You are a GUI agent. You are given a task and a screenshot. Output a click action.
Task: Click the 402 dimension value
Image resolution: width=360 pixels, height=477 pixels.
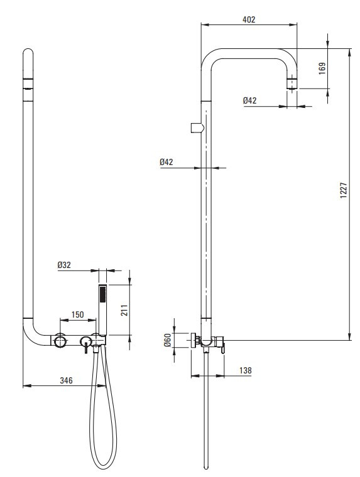pyautogui.click(x=249, y=19)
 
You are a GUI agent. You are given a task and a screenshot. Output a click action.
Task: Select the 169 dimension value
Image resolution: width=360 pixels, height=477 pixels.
pyautogui.click(x=322, y=68)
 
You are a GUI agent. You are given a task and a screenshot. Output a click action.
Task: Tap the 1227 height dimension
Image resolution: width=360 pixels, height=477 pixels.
pyautogui.click(x=344, y=190)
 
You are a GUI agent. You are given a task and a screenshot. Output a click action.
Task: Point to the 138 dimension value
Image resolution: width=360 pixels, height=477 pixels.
pyautogui.click(x=246, y=370)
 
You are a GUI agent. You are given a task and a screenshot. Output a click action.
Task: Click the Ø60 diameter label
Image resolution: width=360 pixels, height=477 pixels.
pyautogui.click(x=168, y=340)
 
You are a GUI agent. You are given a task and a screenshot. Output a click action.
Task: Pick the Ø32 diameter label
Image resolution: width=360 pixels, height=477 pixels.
pyautogui.click(x=64, y=265)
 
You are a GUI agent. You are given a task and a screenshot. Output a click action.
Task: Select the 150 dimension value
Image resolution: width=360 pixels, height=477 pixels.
pyautogui.click(x=78, y=314)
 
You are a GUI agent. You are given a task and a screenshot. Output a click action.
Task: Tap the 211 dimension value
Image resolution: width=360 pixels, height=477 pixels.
pyautogui.click(x=124, y=310)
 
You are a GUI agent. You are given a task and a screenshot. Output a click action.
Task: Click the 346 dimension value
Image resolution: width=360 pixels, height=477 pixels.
pyautogui.click(x=66, y=380)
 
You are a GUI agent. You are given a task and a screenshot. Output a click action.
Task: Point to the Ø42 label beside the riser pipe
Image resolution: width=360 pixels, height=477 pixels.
pyautogui.click(x=166, y=162)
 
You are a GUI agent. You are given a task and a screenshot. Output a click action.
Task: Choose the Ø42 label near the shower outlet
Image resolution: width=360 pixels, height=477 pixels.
pyautogui.click(x=250, y=100)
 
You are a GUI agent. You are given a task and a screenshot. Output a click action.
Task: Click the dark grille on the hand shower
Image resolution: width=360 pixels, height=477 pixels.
pyautogui.click(x=103, y=294)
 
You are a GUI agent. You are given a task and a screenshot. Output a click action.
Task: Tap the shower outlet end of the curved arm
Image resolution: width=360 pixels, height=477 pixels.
pyautogui.click(x=292, y=83)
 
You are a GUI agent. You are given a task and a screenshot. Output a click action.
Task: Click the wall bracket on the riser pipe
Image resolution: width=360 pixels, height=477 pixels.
pyautogui.click(x=197, y=128)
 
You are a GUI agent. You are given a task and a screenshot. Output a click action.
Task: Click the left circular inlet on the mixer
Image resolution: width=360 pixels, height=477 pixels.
pyautogui.click(x=60, y=341)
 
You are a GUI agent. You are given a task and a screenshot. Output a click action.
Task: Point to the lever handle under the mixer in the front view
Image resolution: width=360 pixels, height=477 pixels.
pyautogui.click(x=86, y=348)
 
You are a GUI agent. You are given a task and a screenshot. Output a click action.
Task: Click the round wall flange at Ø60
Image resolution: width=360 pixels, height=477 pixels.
pyautogui.click(x=193, y=340)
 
